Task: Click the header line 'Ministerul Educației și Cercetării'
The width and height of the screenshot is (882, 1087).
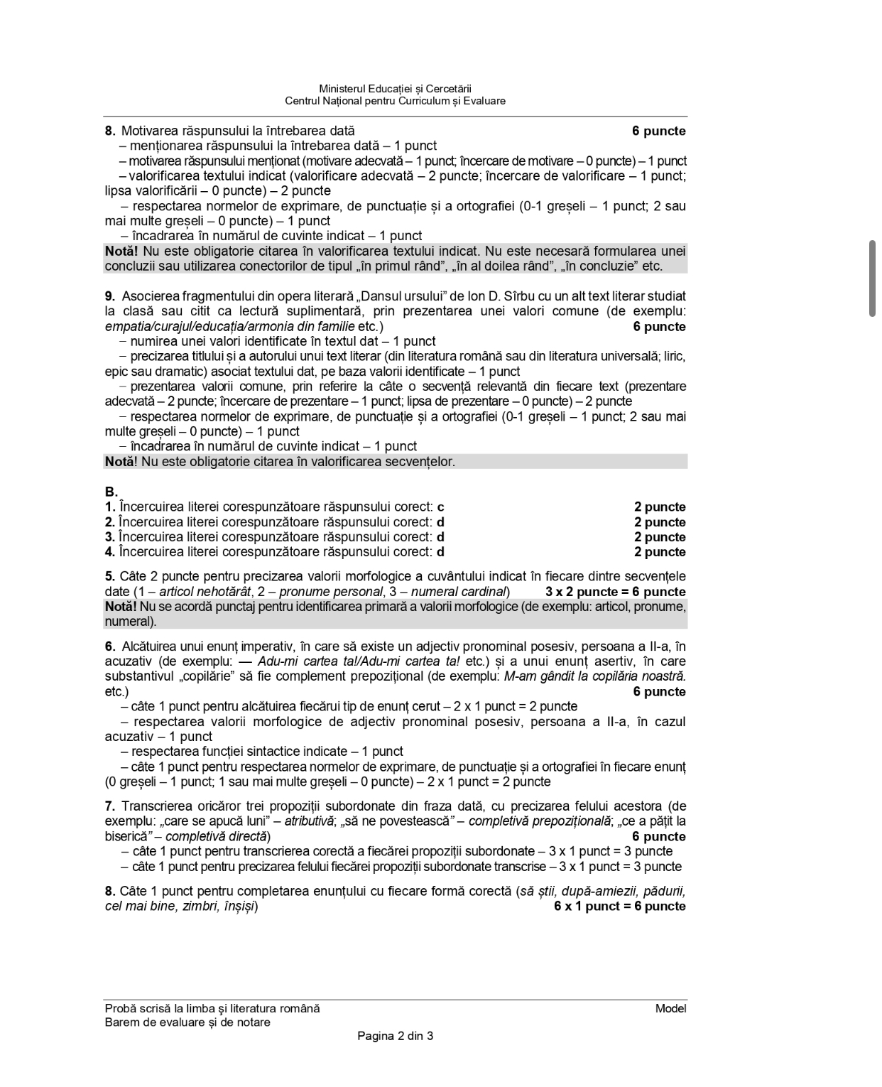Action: click(395, 89)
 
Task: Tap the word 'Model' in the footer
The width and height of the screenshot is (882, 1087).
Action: click(670, 1008)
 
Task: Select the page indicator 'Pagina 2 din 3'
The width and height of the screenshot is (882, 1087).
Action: click(395, 1036)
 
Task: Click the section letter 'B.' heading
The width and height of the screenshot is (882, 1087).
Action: click(111, 492)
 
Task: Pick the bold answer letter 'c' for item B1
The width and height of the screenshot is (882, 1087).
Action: click(440, 507)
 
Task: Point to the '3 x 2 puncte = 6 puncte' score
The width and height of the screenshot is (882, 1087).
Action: click(615, 592)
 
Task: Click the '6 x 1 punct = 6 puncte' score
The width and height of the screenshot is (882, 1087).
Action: click(619, 906)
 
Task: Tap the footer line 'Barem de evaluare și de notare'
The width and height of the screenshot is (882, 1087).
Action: click(187, 1022)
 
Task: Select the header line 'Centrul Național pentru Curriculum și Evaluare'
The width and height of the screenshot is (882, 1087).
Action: click(395, 101)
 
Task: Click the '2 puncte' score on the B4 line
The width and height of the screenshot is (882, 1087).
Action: click(659, 552)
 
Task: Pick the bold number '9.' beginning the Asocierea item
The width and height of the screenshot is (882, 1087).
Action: click(110, 296)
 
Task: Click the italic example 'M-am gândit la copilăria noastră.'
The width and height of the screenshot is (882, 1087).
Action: click(594, 676)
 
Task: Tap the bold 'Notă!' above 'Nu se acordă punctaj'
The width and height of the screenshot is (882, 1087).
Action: click(120, 607)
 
